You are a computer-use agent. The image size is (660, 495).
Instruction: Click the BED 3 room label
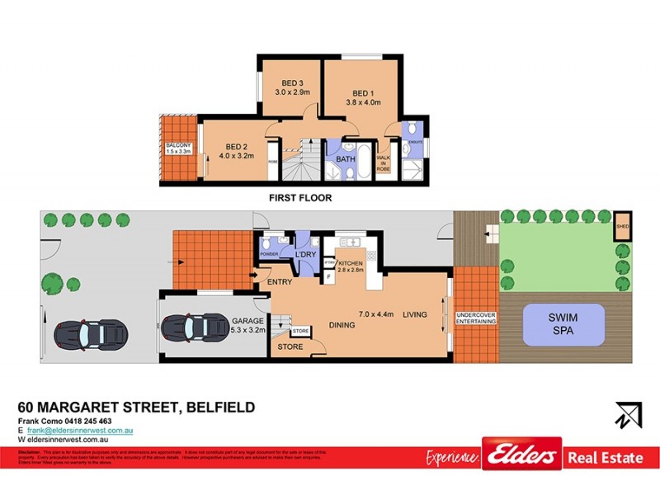coord(293,83)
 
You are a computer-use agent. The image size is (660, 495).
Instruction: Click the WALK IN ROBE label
coord(383,163)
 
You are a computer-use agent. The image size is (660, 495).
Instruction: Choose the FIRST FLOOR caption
coord(300,198)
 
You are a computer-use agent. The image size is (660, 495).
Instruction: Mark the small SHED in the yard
coord(622,229)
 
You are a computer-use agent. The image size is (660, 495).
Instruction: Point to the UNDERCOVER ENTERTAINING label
coord(475,317)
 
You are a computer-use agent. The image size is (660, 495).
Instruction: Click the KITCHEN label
coord(350,263)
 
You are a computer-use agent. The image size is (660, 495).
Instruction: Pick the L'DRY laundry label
coord(306,253)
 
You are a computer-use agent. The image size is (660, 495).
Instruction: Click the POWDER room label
coord(269,254)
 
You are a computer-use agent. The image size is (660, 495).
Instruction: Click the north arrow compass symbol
coord(628,413)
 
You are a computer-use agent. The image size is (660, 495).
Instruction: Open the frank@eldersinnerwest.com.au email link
coord(80,431)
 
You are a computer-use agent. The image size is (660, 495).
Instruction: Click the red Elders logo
coord(521,455)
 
